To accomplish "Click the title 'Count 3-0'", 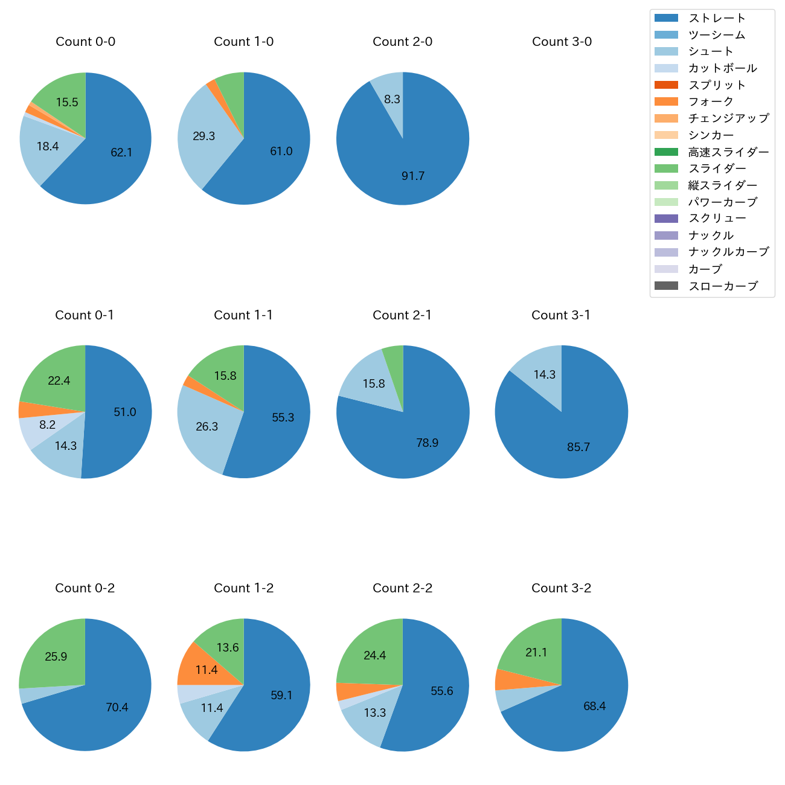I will coord(562,42).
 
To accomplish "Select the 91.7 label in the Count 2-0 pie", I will coord(413,176).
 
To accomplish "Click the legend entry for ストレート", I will coord(717,18).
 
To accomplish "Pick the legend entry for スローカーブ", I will coord(723,286).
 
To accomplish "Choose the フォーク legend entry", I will coord(711,101).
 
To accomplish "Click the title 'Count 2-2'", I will coord(403,588).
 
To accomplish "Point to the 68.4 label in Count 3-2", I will coord(594,706).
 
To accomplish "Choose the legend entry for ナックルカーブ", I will coord(728,252).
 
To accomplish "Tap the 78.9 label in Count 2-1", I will coord(427,443).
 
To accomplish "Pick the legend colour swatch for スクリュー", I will coord(666,219).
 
